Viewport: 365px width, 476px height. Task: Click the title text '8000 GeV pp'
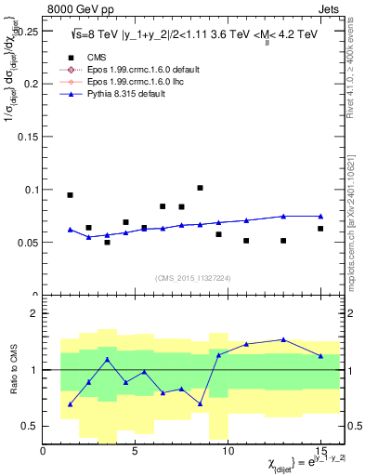point(74,7)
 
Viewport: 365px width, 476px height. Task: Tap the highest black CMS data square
point(200,188)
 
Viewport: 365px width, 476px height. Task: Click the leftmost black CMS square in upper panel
point(70,195)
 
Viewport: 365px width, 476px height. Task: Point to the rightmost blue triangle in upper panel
point(320,216)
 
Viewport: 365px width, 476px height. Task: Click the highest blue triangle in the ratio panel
point(283,339)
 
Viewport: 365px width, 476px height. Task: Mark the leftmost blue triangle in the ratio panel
point(70,404)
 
